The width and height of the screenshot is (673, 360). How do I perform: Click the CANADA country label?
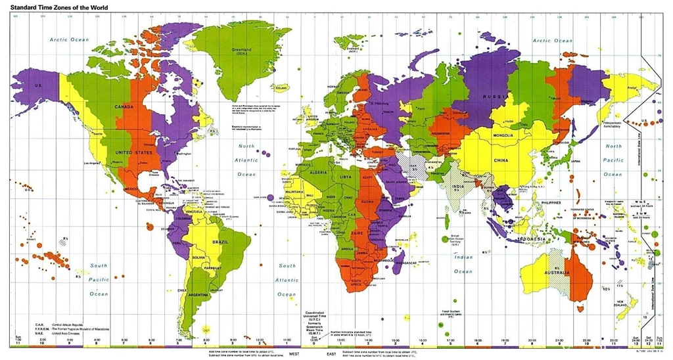124,106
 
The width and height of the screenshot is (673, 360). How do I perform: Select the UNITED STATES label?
133,152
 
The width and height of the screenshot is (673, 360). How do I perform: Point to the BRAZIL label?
220,242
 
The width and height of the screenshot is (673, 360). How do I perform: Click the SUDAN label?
368,201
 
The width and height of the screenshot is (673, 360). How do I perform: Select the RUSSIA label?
495,96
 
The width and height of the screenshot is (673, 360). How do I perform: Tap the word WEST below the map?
294,353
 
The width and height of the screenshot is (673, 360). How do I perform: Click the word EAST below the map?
331,353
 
